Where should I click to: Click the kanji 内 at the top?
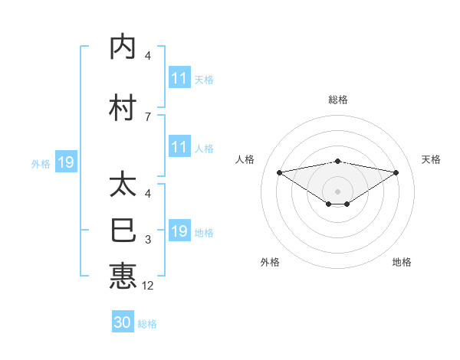(x=123, y=47)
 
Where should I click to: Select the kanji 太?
(x=123, y=185)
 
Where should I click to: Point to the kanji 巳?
(x=123, y=230)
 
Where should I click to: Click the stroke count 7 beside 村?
(x=147, y=116)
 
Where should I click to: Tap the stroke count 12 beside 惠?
(x=148, y=286)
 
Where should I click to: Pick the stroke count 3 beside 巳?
(x=147, y=240)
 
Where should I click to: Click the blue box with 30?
(x=123, y=322)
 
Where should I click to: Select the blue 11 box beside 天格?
(x=179, y=78)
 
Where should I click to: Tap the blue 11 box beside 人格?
(x=179, y=148)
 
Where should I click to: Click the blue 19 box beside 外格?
(x=65, y=162)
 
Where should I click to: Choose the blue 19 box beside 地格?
(x=179, y=231)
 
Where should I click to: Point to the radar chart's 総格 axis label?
(x=337, y=100)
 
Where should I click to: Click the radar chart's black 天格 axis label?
(x=432, y=159)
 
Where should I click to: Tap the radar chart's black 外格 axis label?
(x=270, y=262)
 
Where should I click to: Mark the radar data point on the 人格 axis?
(x=279, y=172)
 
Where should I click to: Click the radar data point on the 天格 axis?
(x=396, y=172)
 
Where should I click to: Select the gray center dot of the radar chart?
(x=337, y=191)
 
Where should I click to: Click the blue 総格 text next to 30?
(x=147, y=324)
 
